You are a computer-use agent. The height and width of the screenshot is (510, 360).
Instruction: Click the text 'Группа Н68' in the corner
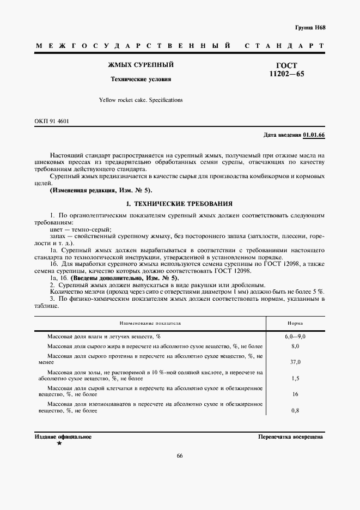point(310,27)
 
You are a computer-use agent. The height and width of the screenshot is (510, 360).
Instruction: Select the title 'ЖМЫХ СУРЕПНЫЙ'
point(141,65)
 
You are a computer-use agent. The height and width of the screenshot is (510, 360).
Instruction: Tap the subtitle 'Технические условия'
point(141,79)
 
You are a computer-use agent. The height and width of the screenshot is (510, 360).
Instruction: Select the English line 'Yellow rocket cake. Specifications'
point(141,100)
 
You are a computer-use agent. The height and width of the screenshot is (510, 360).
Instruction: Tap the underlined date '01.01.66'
point(314,135)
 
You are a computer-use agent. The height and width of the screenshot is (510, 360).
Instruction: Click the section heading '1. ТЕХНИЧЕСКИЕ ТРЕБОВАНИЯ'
point(179,204)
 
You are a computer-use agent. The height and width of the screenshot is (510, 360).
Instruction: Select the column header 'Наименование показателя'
point(150,323)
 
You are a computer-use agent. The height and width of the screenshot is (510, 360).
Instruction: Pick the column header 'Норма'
point(296,323)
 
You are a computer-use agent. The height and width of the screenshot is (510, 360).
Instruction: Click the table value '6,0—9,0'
point(295,337)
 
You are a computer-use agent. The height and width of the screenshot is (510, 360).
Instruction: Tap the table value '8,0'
point(295,346)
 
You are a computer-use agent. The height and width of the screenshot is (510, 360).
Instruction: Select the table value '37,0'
point(295,361)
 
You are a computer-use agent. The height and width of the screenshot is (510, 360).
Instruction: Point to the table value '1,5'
point(295,378)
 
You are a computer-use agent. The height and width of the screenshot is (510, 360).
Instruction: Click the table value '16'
point(295,394)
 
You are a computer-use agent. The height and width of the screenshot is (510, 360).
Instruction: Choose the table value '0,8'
point(295,410)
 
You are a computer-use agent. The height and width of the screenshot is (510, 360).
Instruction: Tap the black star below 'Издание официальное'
point(59,444)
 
